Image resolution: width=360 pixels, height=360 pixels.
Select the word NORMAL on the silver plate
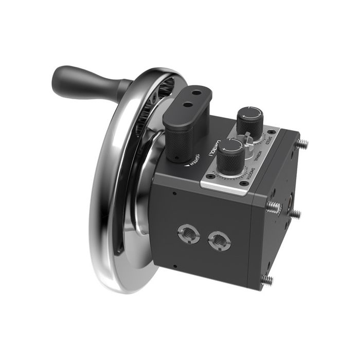point(260,154)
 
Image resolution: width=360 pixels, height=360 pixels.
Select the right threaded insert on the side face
point(219,239)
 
